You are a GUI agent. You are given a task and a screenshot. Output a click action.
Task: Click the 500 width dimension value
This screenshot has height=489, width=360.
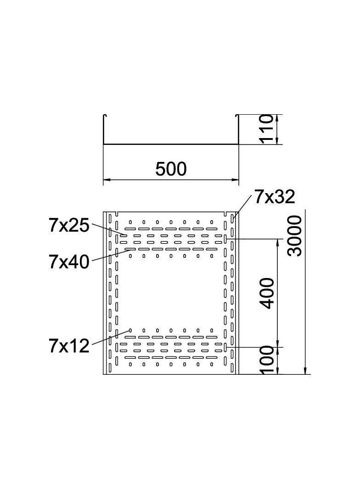(x=171, y=169)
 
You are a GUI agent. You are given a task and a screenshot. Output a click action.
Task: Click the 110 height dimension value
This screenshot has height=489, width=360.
(x=267, y=129)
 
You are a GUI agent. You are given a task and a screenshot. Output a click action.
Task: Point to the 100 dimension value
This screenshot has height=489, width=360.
(x=267, y=361)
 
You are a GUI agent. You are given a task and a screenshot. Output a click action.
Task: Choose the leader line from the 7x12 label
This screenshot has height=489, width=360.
(x=110, y=337)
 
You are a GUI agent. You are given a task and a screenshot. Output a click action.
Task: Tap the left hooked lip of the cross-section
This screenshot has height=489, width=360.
(x=105, y=115)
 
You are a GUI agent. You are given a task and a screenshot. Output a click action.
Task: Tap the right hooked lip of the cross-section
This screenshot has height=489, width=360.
(x=237, y=115)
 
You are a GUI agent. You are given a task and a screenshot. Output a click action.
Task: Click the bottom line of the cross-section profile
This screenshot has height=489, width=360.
(x=171, y=144)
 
